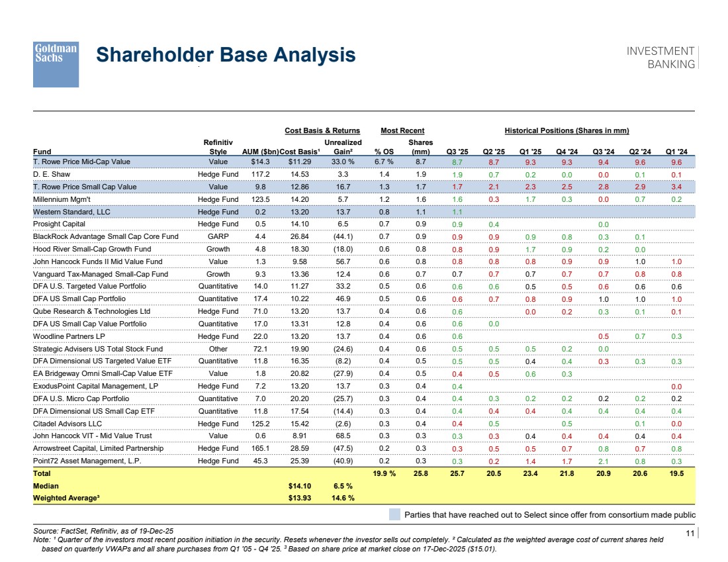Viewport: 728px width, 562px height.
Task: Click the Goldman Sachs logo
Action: pos(56,64)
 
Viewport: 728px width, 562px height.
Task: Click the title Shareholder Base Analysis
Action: pos(226,55)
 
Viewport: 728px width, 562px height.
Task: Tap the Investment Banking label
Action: pos(660,58)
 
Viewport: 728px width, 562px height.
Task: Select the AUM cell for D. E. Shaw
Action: pos(261,174)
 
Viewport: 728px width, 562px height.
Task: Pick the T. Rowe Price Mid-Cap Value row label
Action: pos(81,162)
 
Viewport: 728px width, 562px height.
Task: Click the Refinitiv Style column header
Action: pos(218,147)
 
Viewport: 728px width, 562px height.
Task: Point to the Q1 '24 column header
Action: pos(676,152)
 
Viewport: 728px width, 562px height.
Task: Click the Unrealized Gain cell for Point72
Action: pos(343,461)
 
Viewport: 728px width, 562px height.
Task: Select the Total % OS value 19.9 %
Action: pos(385,473)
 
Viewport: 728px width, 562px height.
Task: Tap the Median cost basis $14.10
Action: pos(300,486)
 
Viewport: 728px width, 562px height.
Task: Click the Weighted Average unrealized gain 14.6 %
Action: pos(343,498)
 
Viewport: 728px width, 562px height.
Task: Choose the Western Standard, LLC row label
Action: pos(71,212)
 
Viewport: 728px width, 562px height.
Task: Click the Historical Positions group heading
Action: pos(567,130)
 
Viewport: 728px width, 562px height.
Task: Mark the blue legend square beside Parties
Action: pos(394,514)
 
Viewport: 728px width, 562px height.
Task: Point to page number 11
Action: pos(690,533)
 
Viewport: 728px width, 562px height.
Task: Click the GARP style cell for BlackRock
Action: pos(218,236)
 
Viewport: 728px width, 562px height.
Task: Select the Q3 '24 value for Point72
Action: pos(604,461)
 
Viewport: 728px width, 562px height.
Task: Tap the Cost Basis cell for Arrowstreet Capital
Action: pos(300,448)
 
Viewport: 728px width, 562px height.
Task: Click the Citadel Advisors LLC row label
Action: pos(68,424)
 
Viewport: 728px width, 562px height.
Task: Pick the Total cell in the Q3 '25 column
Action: pos(457,473)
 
